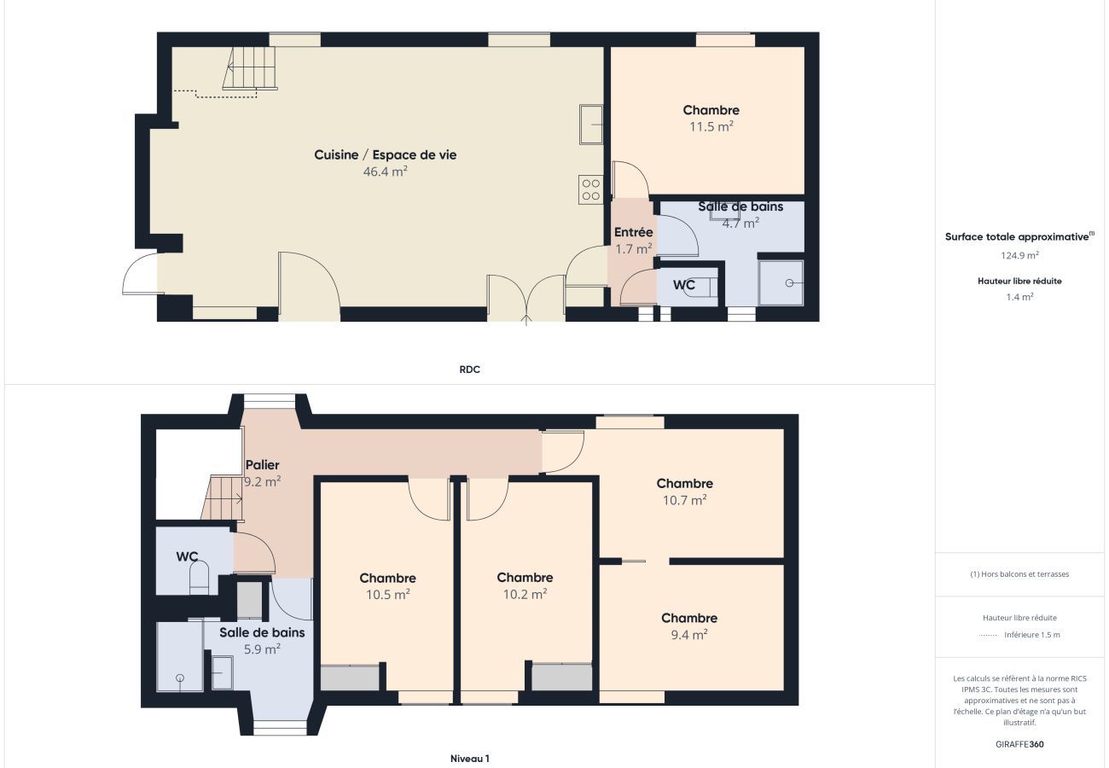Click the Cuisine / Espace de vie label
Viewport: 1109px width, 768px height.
point(385,154)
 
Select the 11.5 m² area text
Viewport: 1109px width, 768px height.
point(711,126)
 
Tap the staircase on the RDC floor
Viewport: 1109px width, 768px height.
point(252,68)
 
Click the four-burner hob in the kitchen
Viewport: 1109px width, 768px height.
point(590,189)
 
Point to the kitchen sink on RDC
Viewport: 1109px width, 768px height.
point(591,125)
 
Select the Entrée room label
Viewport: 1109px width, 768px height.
point(633,232)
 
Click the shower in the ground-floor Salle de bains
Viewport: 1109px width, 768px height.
point(781,282)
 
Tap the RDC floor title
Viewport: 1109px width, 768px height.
point(469,369)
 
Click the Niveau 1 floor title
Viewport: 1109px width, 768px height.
point(469,758)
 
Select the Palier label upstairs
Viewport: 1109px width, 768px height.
point(262,465)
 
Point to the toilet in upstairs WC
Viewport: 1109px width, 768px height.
point(199,579)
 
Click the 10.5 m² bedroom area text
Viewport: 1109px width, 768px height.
point(387,595)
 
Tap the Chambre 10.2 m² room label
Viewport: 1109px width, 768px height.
point(525,578)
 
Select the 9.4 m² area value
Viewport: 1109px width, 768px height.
point(688,635)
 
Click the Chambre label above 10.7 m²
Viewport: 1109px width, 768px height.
point(684,484)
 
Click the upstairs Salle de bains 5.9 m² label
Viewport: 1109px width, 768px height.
point(261,632)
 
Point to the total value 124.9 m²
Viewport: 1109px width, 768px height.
point(1019,255)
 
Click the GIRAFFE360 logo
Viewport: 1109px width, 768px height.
point(1019,744)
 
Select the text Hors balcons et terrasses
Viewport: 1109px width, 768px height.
point(1019,574)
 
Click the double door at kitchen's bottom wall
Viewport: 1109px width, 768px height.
point(526,299)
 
